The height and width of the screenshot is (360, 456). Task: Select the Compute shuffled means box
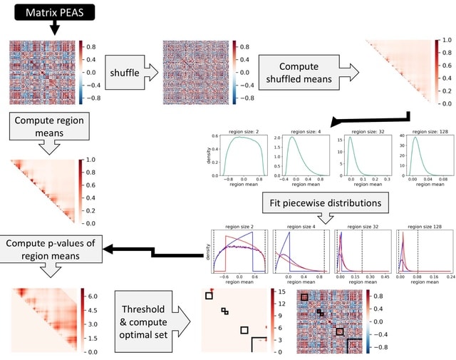[x=308, y=72]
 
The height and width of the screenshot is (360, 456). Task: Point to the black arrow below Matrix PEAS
[x=55, y=30]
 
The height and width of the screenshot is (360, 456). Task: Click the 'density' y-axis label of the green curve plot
[x=208, y=155]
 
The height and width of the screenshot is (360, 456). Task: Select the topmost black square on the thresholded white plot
[x=209, y=296]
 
